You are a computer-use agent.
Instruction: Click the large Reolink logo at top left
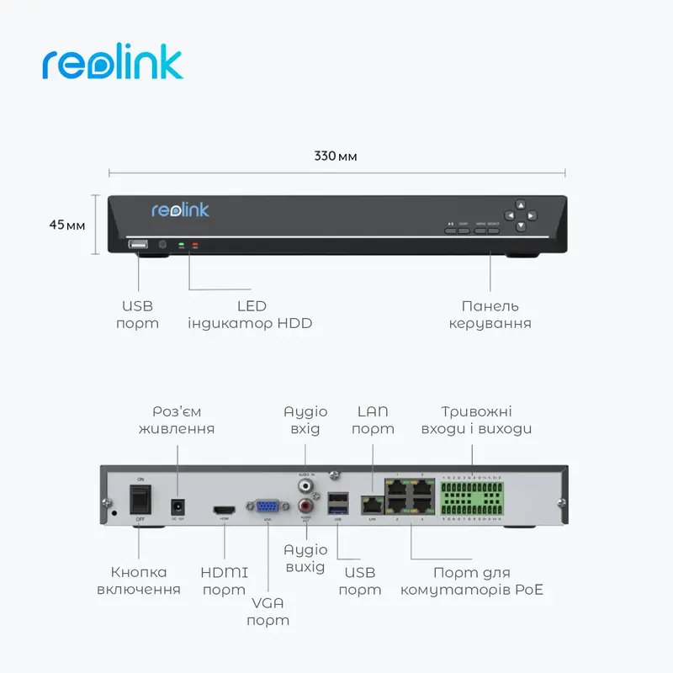112,66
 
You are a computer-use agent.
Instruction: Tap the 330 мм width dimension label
336,156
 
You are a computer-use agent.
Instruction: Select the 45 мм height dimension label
66,225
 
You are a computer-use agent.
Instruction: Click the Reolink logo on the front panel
180,210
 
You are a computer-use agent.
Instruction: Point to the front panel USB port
137,245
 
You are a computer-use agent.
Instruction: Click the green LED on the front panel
180,246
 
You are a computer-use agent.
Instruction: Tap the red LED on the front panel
195,246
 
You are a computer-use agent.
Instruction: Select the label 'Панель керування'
490,315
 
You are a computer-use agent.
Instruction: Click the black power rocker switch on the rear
140,498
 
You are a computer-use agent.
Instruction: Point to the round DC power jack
178,506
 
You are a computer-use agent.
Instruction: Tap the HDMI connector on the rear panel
224,510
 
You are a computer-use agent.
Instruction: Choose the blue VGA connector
268,507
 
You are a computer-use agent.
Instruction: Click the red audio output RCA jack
305,506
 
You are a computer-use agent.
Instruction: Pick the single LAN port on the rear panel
370,505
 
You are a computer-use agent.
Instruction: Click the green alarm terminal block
471,498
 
